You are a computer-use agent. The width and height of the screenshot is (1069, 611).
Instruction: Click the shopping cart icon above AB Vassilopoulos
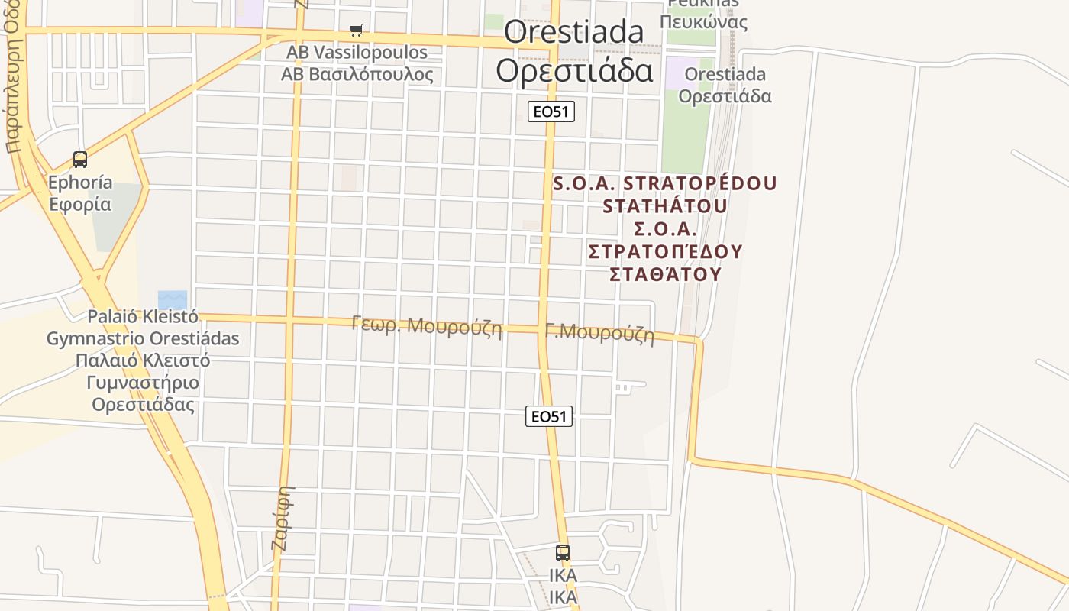357,31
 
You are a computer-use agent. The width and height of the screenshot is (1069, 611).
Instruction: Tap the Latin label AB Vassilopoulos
357,53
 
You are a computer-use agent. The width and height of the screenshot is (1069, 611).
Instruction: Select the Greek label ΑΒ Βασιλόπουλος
357,74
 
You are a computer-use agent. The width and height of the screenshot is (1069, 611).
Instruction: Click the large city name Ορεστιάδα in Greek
574,70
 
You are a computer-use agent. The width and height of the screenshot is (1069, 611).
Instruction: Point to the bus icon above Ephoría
80,160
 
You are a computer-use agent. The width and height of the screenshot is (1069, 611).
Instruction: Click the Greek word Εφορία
80,204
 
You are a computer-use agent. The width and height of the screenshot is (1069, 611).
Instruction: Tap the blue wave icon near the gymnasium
172,300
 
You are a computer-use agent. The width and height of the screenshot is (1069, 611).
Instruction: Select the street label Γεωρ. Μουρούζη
427,325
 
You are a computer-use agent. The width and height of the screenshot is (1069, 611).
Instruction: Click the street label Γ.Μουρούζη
599,333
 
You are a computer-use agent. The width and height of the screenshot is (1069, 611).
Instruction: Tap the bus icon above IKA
563,552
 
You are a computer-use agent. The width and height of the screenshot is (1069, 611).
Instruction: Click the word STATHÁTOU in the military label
664,206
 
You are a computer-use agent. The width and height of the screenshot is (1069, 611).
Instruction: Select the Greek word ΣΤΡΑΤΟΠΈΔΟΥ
666,251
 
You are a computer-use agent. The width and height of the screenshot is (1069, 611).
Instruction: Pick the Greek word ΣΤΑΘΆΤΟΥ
666,273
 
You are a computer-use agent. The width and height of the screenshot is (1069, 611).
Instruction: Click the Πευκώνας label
703,21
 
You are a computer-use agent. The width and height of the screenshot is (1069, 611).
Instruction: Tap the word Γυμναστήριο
143,383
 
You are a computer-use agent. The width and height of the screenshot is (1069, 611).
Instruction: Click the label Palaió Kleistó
143,316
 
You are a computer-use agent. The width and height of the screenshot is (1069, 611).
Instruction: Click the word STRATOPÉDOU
700,184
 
